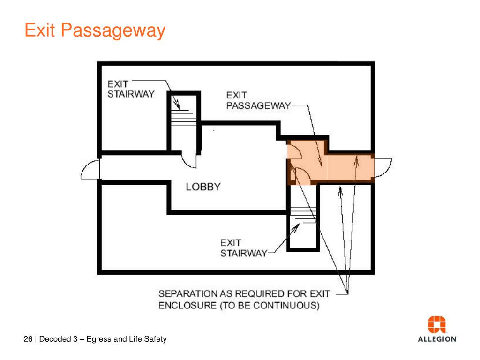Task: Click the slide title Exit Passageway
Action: click(x=95, y=31)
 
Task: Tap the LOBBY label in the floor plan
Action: click(x=203, y=187)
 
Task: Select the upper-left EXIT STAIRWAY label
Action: click(x=131, y=89)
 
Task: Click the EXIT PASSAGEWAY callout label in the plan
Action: click(x=258, y=101)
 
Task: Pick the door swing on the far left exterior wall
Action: click(x=90, y=169)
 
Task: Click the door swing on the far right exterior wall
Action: click(x=383, y=167)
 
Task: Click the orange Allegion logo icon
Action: click(x=437, y=325)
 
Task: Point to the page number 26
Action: click(x=28, y=339)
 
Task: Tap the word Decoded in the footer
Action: click(x=55, y=339)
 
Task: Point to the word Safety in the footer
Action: click(x=155, y=339)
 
